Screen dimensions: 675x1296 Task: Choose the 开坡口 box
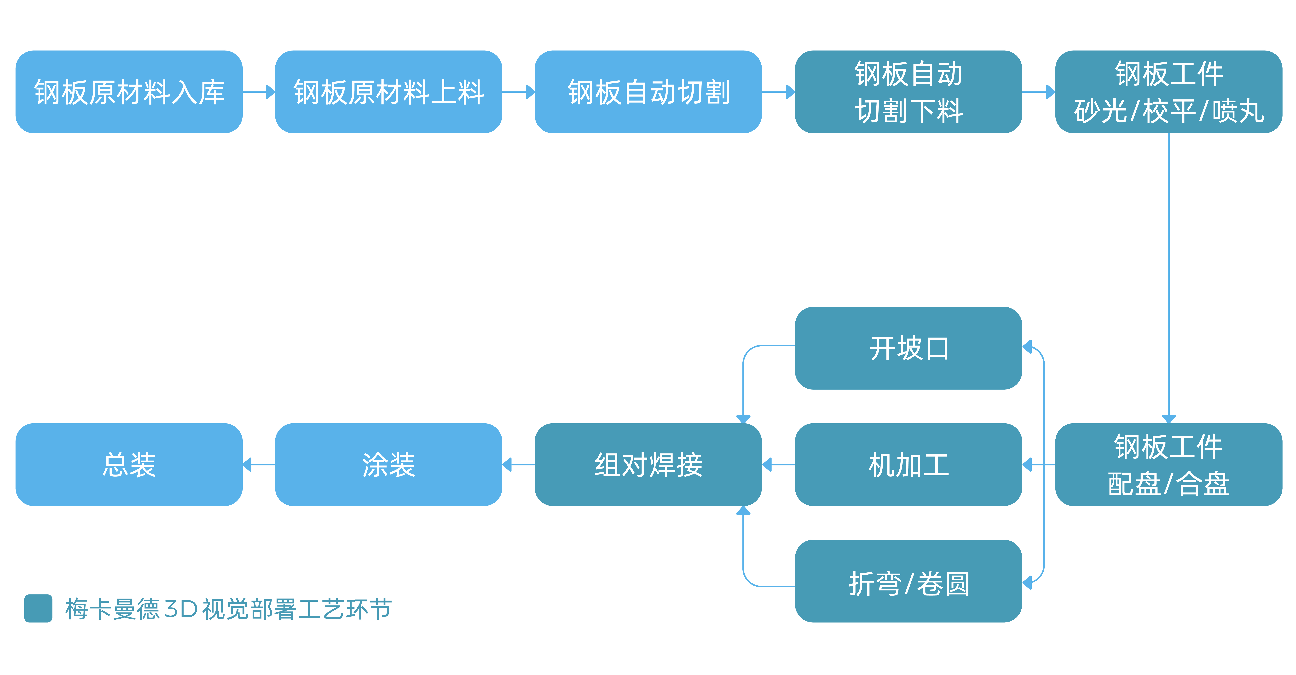point(908,348)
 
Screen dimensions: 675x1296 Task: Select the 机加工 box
point(908,464)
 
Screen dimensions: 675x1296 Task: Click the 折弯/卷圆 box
point(908,581)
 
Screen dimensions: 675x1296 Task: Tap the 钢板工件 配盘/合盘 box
point(1168,464)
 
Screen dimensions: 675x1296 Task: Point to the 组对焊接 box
point(648,464)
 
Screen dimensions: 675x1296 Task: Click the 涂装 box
point(388,464)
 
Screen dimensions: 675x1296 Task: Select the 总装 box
point(129,464)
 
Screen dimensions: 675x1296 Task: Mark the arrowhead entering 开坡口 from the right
point(1027,347)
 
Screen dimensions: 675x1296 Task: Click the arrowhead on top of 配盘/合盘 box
point(1168,419)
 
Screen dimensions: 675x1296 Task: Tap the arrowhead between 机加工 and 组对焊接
point(767,464)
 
